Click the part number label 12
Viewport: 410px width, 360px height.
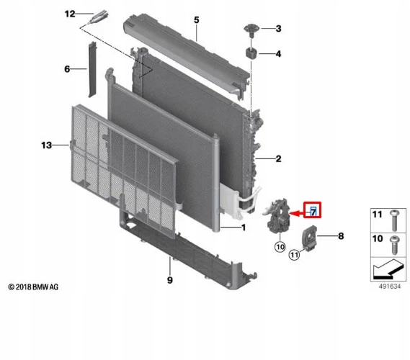click(69, 14)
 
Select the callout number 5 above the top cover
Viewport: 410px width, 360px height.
click(195, 19)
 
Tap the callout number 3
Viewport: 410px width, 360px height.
click(279, 29)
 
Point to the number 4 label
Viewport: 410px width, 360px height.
click(279, 54)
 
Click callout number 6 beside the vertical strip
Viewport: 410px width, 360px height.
click(66, 69)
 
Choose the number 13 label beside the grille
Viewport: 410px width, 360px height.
click(46, 145)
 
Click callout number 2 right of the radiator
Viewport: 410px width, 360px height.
click(277, 158)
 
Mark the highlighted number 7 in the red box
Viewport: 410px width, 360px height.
click(313, 210)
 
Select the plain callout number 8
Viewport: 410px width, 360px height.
click(341, 235)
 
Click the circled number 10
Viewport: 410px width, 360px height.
click(279, 247)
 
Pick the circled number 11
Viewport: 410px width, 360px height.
click(294, 253)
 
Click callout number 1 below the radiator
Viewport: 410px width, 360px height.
click(243, 229)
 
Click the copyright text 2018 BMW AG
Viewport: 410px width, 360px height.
click(33, 287)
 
